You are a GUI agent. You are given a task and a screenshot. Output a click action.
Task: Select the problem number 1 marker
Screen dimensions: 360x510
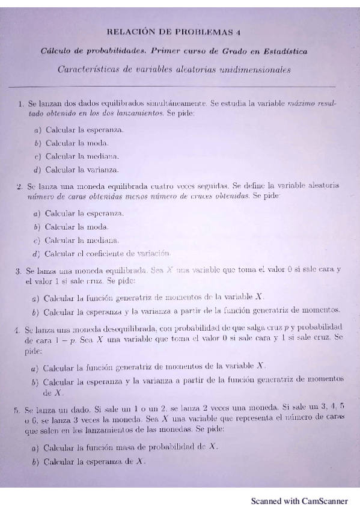[x=21, y=104]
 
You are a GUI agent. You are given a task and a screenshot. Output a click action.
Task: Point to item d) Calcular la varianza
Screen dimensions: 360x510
[x=76, y=170]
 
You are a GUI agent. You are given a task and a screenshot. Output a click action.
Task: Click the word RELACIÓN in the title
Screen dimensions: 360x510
[x=127, y=32]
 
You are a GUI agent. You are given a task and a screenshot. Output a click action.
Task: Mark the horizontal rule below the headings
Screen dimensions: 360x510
[x=180, y=88]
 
